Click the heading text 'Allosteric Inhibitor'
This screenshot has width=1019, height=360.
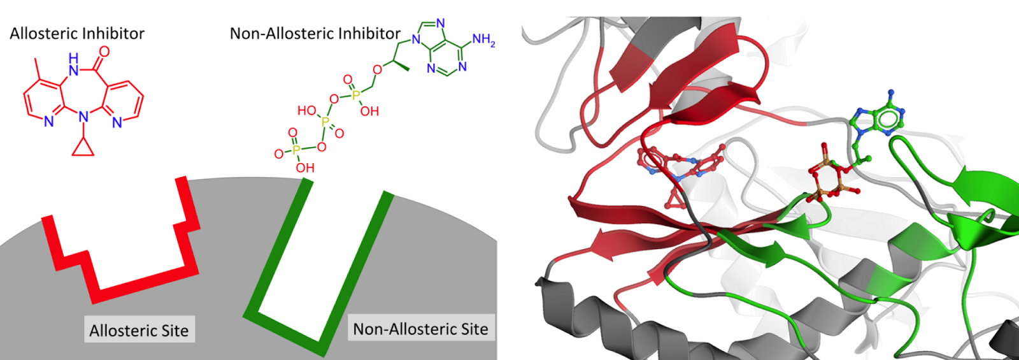(77, 33)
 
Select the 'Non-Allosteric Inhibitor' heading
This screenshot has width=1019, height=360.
(315, 33)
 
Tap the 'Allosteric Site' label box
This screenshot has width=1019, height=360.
(139, 330)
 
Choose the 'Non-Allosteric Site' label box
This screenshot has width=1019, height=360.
(420, 329)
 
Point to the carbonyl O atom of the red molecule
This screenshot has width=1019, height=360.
(104, 52)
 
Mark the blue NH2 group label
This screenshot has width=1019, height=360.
(483, 40)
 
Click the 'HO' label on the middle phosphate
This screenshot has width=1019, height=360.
(306, 110)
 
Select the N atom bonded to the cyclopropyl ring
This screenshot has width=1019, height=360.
(83, 117)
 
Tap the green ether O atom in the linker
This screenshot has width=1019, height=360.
(377, 69)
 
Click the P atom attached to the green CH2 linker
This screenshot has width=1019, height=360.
(355, 95)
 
